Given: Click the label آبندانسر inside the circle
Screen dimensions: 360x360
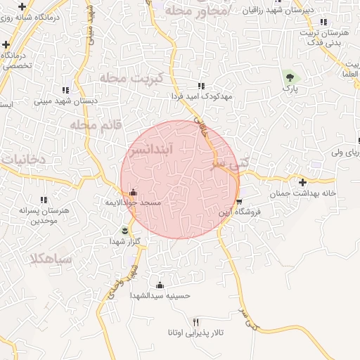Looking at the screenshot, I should pos(157,150).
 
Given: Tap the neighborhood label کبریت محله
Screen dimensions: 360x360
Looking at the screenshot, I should pos(131,78).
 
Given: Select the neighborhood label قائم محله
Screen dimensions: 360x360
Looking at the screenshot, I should pos(95,124).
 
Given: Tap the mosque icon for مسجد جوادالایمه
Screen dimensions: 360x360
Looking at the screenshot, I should pos(133,192).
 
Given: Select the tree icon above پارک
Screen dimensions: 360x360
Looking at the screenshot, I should pos(289,77).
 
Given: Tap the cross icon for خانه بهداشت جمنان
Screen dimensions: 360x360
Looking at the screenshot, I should pos(302,182).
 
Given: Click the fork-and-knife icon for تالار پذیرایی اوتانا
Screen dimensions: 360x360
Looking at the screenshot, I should pos(196,321).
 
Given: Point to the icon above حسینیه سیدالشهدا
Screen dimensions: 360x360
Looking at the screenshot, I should pos(160,285).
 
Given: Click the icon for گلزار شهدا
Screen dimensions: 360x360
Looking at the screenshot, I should pos(126,231).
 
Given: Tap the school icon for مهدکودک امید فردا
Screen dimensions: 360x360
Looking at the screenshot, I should pos(202,86).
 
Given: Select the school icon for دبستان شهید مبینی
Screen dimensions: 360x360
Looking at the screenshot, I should pos(65,91).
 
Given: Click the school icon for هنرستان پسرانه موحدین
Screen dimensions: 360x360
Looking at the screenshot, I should pos(44,200).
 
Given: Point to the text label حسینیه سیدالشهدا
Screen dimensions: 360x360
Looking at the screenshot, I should pos(160,296).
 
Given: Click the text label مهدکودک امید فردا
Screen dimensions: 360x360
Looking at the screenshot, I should pos(201,96).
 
